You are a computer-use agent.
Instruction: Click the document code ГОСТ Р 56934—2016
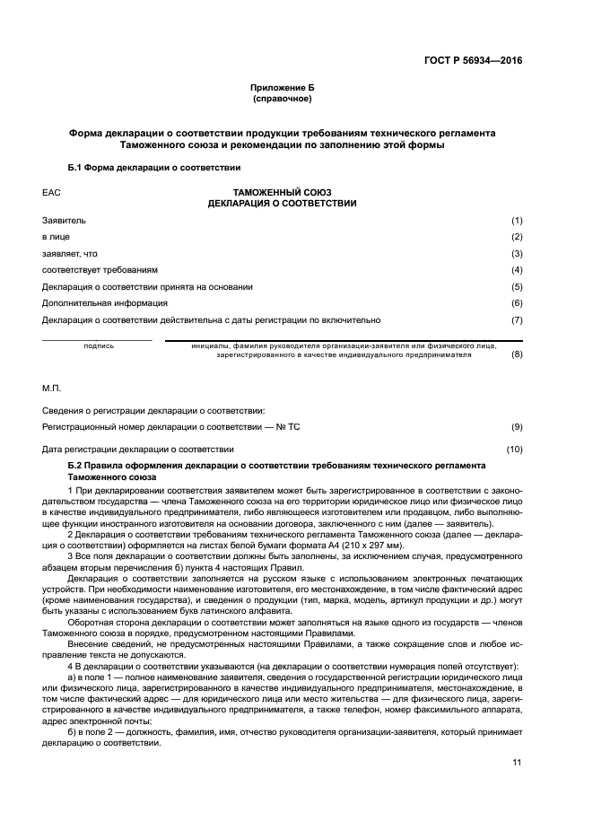pos(473,61)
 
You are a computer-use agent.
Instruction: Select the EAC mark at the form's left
pos(50,193)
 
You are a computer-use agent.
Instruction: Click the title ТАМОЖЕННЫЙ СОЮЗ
pos(282,193)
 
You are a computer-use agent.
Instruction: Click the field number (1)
pos(516,221)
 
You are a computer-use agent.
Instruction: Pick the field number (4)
pos(516,270)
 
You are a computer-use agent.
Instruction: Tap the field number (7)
pos(516,319)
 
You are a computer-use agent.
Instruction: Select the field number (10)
pos(514,449)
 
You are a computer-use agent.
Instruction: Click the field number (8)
pos(516,354)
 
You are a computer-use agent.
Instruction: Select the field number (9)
pos(516,427)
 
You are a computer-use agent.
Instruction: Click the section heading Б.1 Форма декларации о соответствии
pos(154,168)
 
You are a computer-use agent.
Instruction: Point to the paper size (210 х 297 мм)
pos(366,546)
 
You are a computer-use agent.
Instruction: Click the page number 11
pos(516,763)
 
